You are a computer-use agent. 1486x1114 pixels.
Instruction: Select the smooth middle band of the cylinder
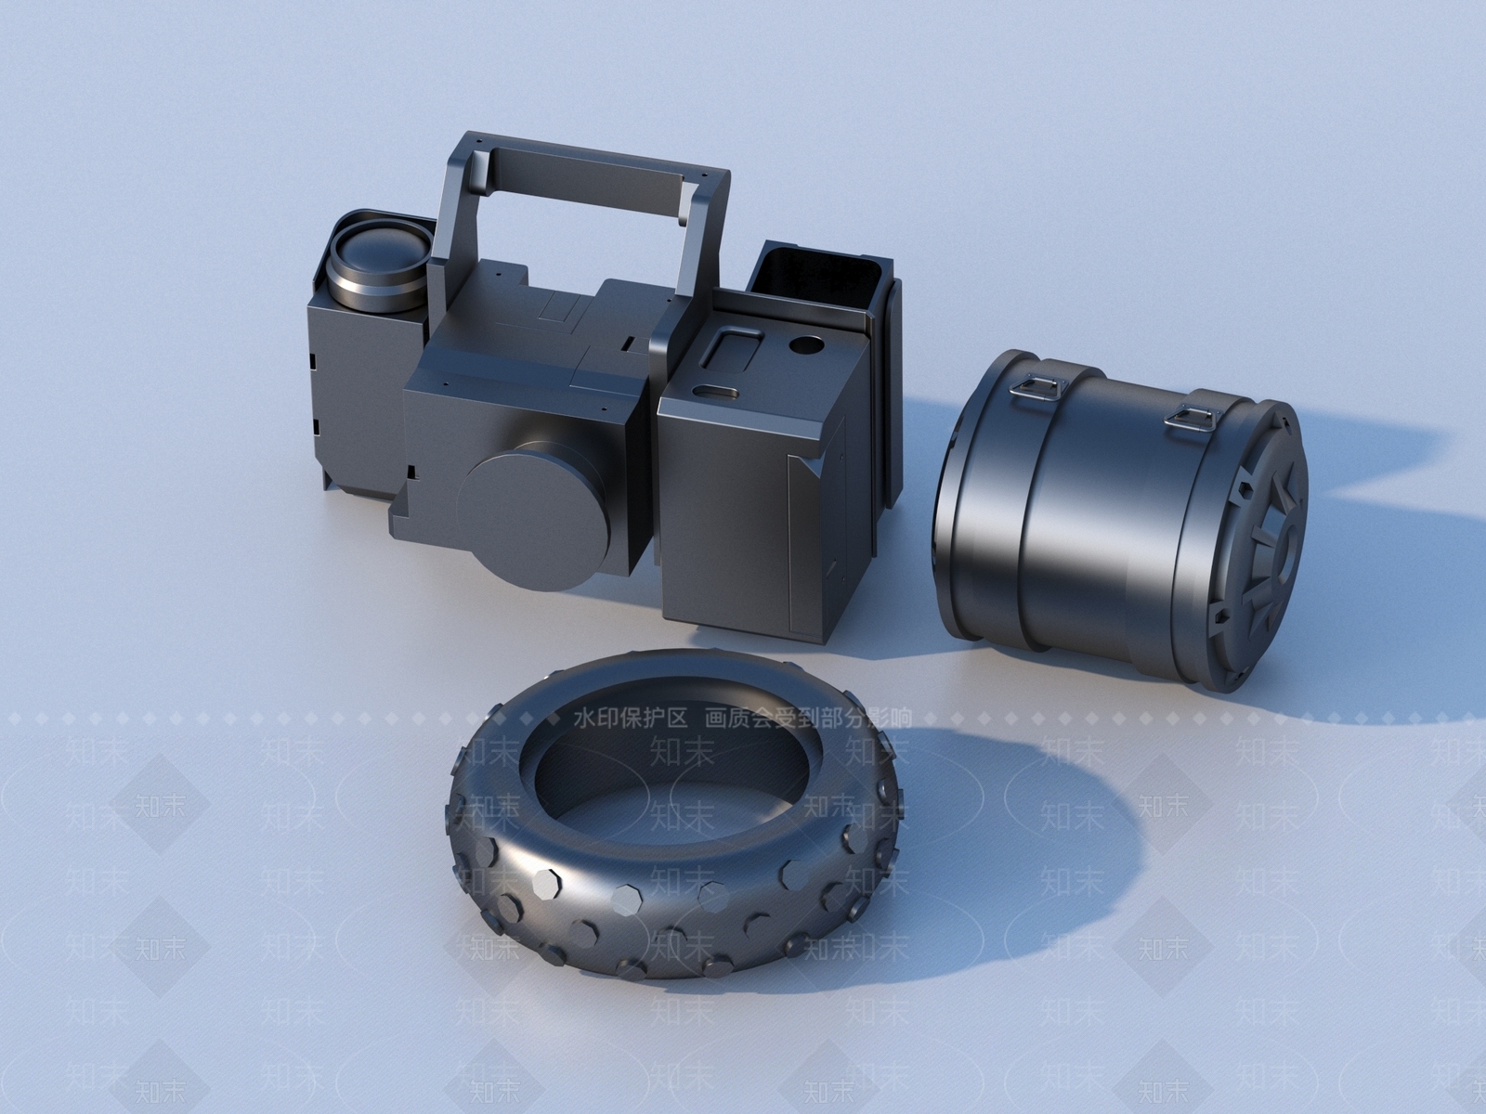[x=1105, y=520]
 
